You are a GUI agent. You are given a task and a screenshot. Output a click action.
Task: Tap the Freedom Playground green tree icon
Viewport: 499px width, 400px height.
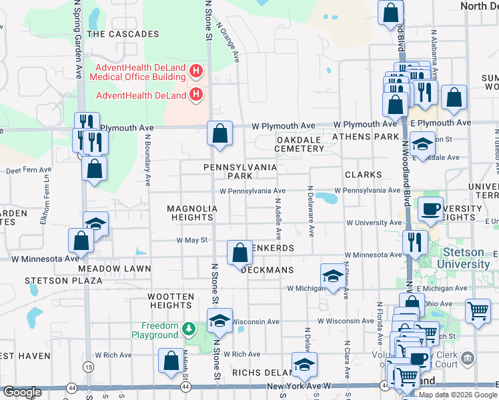[x=189, y=329]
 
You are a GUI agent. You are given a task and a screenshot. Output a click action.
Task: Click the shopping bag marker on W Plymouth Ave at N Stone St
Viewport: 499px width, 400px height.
[x=219, y=133]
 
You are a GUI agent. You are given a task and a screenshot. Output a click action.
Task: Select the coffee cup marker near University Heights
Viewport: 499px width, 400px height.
[x=430, y=209]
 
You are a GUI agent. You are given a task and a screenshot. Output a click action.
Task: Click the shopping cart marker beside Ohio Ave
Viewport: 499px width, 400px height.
[x=478, y=311]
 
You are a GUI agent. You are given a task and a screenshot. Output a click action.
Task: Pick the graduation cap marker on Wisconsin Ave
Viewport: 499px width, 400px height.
[x=219, y=320]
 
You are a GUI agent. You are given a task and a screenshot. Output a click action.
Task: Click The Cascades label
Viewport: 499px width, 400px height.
[x=123, y=33]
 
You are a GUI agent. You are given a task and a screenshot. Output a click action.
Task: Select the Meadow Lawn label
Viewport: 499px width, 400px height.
[x=115, y=269]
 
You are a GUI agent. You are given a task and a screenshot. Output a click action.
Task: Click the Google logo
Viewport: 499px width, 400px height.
[x=23, y=392]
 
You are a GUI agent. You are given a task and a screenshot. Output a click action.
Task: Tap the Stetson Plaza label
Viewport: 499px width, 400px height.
[x=64, y=281]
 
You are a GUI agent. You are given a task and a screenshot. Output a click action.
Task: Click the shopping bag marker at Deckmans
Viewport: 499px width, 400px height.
[x=239, y=253]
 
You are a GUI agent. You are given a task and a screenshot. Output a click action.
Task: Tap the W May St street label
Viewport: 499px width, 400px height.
[x=192, y=240]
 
